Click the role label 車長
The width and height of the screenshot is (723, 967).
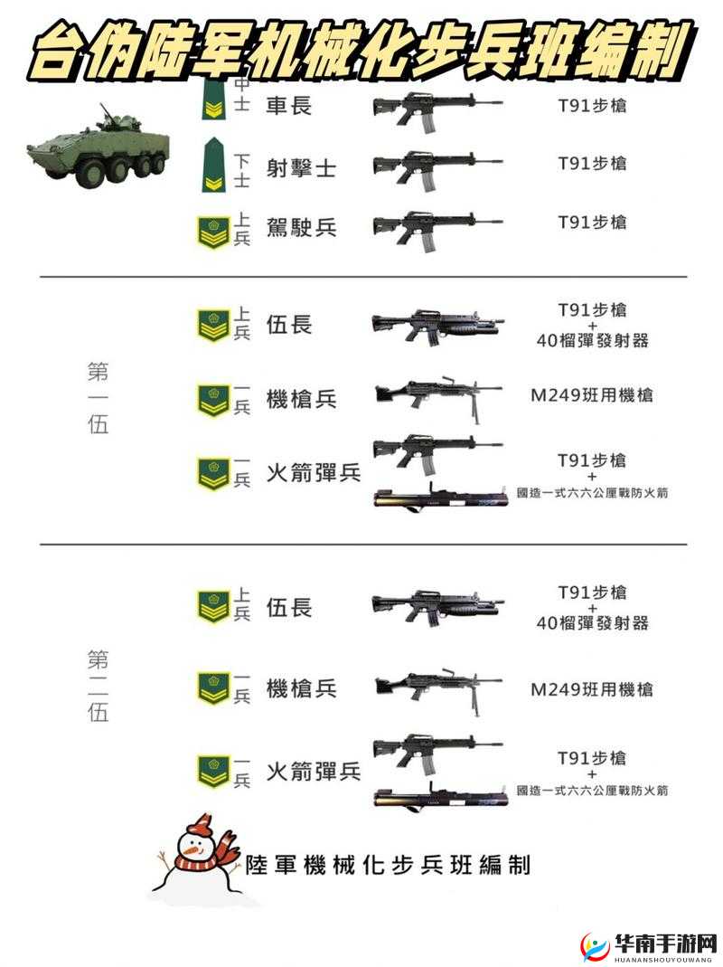point(288,106)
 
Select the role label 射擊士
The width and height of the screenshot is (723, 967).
point(301,166)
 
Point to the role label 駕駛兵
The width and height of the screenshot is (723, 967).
point(301,226)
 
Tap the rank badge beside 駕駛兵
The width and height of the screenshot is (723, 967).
point(213,231)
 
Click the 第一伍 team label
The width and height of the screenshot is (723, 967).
point(98,398)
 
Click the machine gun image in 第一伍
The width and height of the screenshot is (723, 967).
point(436,396)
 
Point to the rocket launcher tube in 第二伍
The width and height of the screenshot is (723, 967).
point(439,796)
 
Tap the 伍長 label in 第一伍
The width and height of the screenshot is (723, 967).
point(289,323)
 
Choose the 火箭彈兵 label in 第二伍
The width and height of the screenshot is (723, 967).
point(313,771)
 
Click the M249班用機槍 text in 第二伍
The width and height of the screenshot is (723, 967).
point(591,689)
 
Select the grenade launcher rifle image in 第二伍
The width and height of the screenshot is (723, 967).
point(436,605)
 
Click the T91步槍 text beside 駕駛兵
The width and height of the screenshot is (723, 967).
point(591,222)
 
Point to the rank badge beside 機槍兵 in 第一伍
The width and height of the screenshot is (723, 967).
point(213,400)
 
